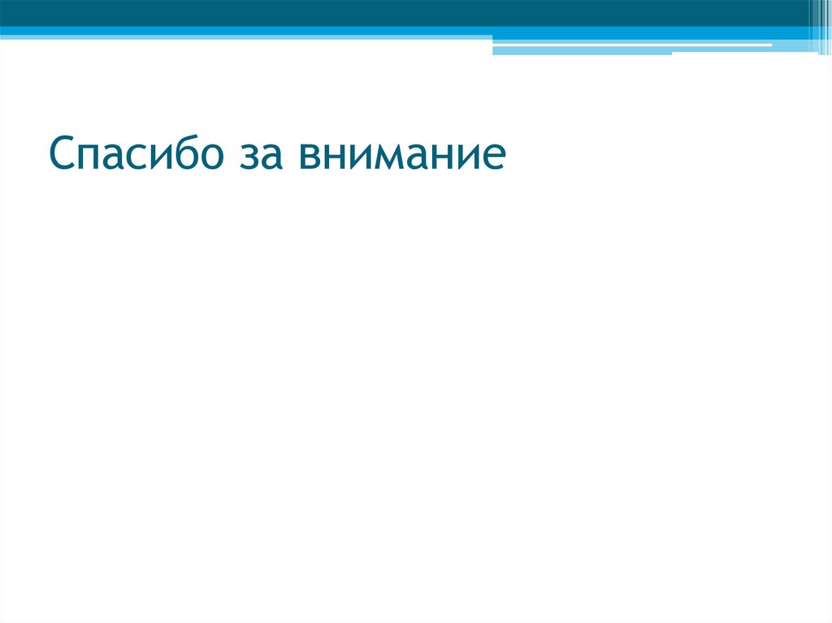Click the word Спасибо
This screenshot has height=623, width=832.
(x=134, y=155)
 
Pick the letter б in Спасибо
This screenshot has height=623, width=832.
(x=180, y=154)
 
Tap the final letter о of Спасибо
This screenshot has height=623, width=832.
(x=207, y=158)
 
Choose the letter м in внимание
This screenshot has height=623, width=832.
(x=385, y=158)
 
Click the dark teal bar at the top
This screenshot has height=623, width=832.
(x=406, y=12)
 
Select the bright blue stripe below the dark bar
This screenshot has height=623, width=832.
(x=244, y=32)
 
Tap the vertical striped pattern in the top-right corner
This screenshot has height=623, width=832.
(x=819, y=24)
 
